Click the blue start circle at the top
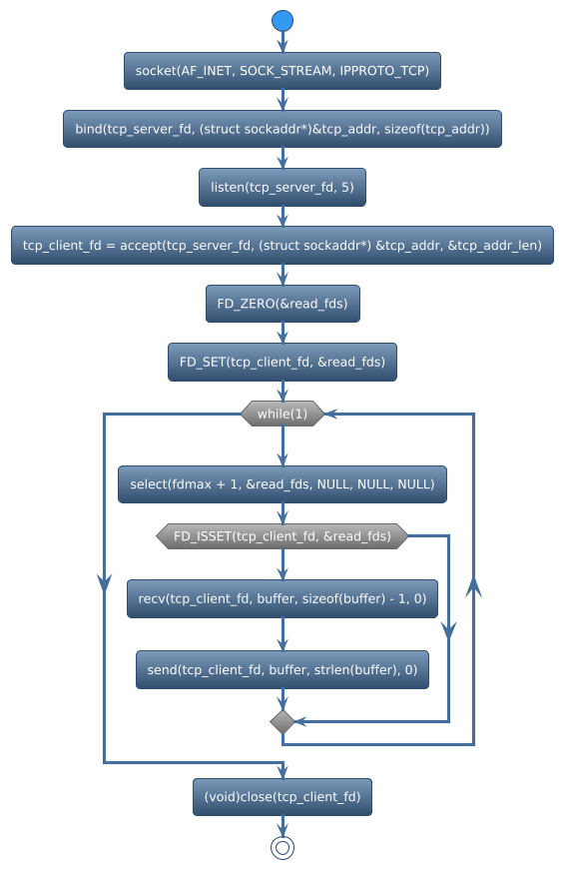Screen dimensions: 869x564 pyautogui.click(x=282, y=20)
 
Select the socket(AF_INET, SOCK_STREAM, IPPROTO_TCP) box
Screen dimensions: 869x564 pyautogui.click(x=282, y=71)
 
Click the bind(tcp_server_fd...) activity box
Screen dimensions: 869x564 pyautogui.click(x=282, y=129)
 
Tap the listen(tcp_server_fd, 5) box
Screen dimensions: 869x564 pyautogui.click(x=282, y=187)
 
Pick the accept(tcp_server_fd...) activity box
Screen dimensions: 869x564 pyautogui.click(x=282, y=245)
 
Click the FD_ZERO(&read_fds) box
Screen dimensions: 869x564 pyautogui.click(x=282, y=303)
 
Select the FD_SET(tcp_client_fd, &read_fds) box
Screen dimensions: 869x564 pyautogui.click(x=282, y=361)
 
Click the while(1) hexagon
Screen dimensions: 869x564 pyautogui.click(x=282, y=414)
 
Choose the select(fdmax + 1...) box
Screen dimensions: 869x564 pyautogui.click(x=282, y=484)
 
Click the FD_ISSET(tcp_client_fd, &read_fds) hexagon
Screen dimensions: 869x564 pyautogui.click(x=282, y=536)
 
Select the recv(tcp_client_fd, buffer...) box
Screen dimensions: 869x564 pyautogui.click(x=282, y=598)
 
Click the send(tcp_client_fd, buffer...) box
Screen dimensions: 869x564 pyautogui.click(x=282, y=670)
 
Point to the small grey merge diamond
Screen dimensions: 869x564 pyautogui.click(x=282, y=721)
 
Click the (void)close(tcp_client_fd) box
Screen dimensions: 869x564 pyautogui.click(x=282, y=797)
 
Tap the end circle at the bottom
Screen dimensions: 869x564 pyautogui.click(x=282, y=847)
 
